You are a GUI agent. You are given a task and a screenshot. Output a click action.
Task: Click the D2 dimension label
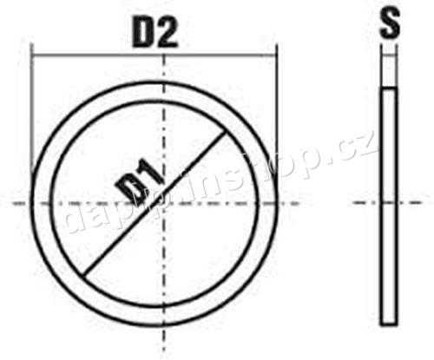point(155,32)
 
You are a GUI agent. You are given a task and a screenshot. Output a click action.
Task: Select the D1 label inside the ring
point(138,186)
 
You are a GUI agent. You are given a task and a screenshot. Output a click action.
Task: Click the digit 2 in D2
point(168,32)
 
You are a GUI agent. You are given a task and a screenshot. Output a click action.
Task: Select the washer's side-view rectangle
point(390,204)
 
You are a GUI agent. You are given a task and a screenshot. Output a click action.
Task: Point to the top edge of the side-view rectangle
point(390,88)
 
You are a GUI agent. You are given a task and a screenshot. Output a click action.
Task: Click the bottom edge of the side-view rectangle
point(390,319)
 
